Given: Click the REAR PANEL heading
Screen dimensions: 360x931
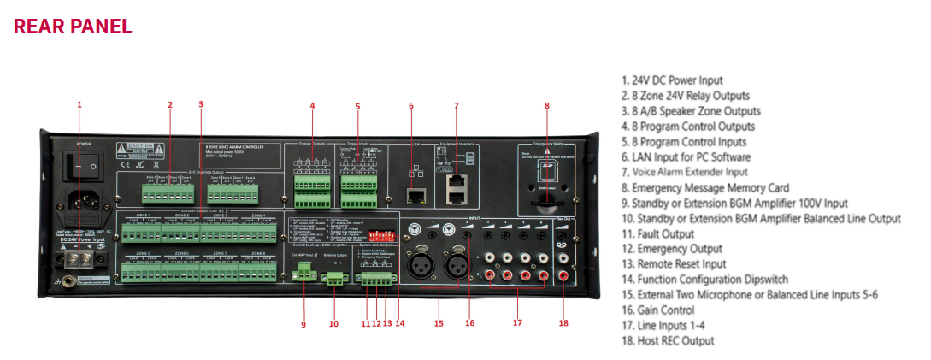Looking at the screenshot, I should pos(73,26).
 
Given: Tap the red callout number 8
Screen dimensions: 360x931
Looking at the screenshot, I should pos(547,106).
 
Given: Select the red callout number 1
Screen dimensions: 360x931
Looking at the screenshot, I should pos(80,105).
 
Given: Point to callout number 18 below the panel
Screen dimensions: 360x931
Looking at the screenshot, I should pos(563,323).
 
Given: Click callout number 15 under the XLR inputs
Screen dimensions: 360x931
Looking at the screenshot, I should pos(439,323).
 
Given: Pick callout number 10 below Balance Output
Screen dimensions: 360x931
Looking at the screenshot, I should pos(333,323).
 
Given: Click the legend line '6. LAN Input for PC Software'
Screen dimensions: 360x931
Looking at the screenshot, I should pos(686,157).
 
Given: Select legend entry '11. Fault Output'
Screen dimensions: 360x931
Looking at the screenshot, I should pos(657,233).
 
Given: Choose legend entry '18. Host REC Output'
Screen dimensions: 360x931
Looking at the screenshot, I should pos(668,341).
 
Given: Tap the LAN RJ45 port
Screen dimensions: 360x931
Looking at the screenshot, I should pos(416,198).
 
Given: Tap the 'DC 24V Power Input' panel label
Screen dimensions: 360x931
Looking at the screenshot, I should pos(81,240).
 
